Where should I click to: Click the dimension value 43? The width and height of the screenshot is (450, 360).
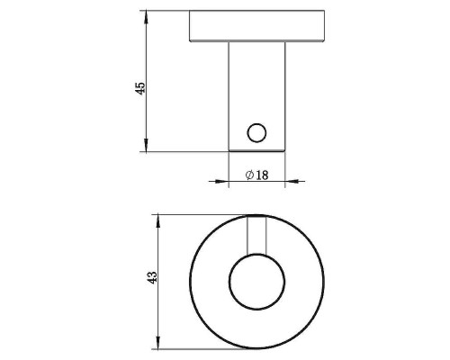152,278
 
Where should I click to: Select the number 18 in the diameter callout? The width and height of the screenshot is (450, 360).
262,175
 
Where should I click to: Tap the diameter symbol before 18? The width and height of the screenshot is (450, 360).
248,175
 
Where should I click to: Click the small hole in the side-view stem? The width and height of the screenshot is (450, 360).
256,133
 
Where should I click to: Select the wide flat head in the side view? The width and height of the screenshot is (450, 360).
256,28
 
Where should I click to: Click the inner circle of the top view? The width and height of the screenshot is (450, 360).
256,280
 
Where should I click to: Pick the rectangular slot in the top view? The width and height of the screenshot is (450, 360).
256,235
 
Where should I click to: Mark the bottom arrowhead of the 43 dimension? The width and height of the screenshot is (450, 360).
158,341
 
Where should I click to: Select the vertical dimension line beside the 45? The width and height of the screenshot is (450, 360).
146,54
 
